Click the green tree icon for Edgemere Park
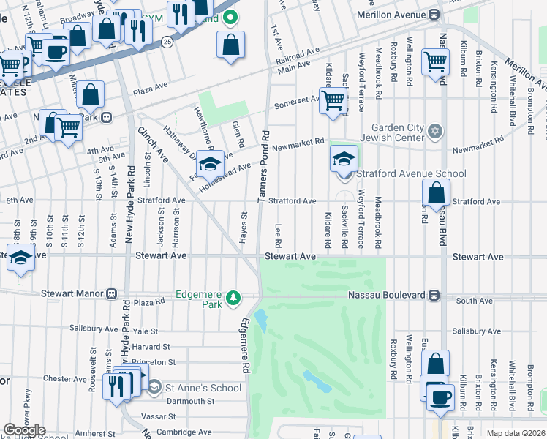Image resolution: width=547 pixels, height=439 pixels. pyautogui.click(x=233, y=297)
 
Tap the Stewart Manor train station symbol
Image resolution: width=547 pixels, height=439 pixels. pyautogui.click(x=111, y=294)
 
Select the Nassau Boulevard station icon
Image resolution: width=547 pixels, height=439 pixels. pyautogui.click(x=434, y=295)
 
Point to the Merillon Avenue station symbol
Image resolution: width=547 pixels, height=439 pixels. pyautogui.click(x=434, y=14)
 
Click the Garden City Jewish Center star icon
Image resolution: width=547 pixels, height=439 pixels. pyautogui.click(x=435, y=131)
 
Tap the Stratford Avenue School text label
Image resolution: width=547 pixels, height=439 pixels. pyautogui.click(x=411, y=173)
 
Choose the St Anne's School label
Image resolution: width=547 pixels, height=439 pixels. pyautogui.click(x=203, y=388)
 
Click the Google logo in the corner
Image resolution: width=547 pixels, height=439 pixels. pyautogui.click(x=24, y=430)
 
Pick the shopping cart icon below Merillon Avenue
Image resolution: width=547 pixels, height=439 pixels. pyautogui.click(x=436, y=63)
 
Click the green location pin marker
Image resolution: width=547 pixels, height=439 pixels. pyautogui.click(x=230, y=17)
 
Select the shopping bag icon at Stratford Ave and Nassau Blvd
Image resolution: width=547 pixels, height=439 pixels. pyautogui.click(x=436, y=194)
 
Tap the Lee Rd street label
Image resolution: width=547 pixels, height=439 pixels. pyautogui.click(x=279, y=236)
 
